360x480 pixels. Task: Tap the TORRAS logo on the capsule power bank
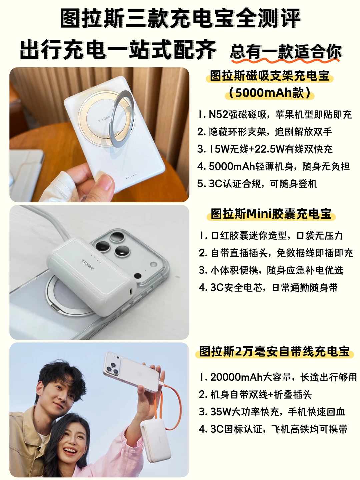tap(88, 265)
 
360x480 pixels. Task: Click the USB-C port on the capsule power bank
tap(131, 291)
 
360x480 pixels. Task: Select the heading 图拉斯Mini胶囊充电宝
tap(271, 214)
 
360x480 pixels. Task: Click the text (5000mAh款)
tap(270, 93)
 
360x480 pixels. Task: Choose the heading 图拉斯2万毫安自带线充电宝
tap(275, 352)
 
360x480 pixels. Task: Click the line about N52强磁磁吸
tap(275, 115)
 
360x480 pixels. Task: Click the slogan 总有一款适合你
tap(286, 52)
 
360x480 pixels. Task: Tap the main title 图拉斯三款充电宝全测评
tap(180, 18)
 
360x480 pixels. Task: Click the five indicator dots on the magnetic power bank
tap(131, 176)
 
